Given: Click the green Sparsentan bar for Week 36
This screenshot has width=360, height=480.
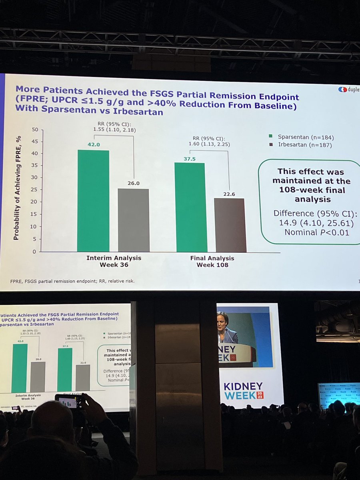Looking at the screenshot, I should (93, 201).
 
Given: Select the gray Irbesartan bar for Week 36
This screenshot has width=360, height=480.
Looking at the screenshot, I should (134, 220).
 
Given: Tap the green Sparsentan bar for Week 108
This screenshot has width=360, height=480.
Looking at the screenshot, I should (191, 207).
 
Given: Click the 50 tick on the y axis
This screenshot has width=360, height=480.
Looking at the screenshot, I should (35, 130).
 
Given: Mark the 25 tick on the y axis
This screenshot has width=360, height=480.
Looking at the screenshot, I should (35, 190).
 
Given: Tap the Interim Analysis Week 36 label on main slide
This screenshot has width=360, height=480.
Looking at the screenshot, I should (114, 261).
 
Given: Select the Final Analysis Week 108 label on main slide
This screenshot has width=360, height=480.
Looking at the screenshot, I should (212, 261).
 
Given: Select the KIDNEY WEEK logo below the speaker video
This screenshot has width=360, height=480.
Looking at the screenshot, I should (244, 391).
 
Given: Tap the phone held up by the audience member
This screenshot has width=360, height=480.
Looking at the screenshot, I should (68, 402).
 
